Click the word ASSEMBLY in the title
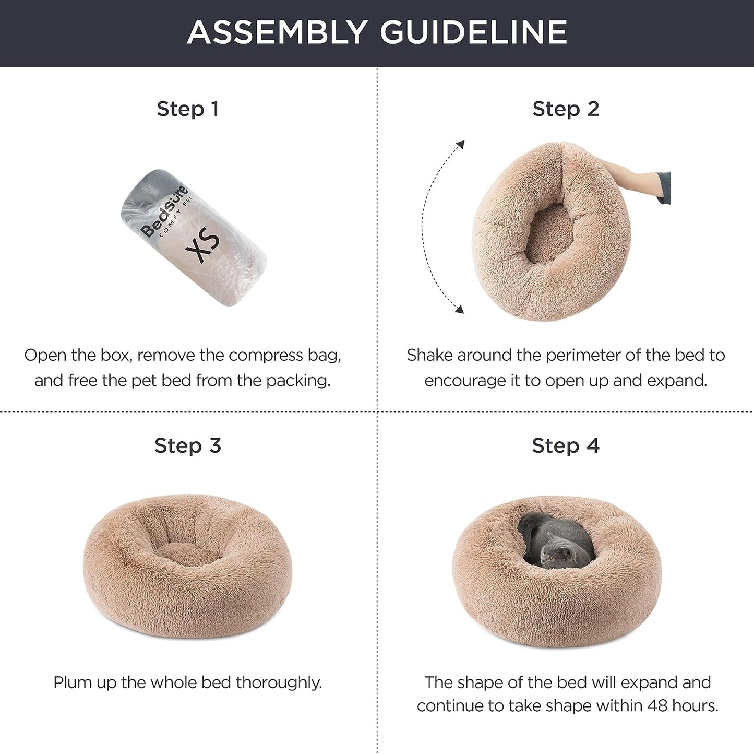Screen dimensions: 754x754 coord(277,32)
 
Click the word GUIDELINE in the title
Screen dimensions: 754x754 coord(473,32)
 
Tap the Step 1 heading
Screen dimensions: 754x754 coord(188,109)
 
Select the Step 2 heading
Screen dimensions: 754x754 coord(566,109)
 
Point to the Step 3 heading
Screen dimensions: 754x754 coord(188,446)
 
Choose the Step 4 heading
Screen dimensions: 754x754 coord(566,446)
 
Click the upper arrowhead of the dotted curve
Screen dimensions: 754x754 coord(460,144)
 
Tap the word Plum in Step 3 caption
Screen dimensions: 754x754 coord(72,682)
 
